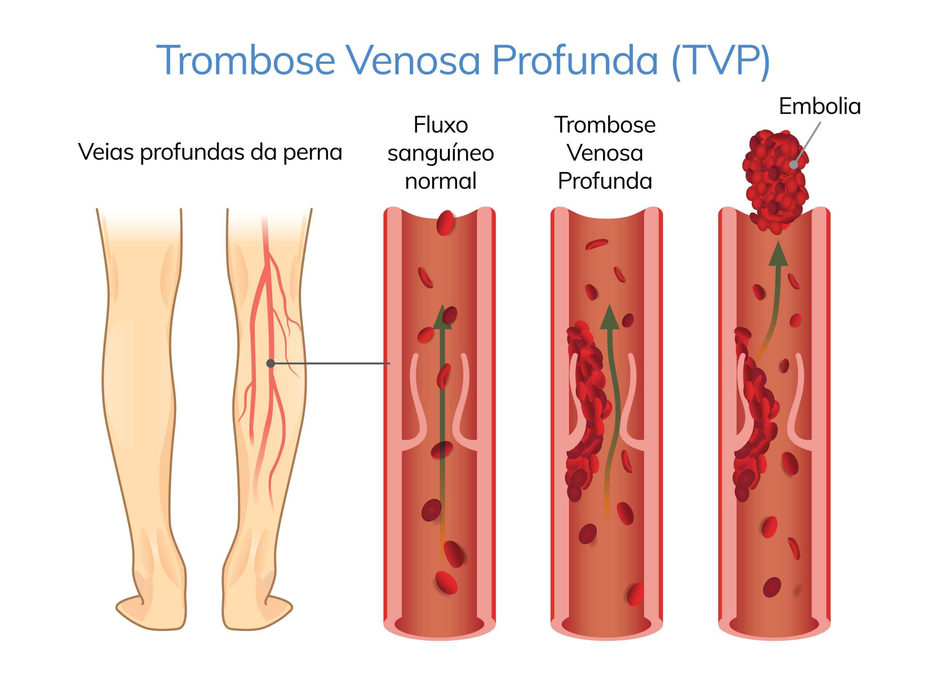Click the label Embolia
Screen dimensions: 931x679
(x=820, y=107)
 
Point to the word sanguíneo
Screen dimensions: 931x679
(x=441, y=154)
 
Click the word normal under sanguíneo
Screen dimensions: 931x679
(x=441, y=181)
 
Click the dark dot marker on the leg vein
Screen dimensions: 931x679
(x=271, y=363)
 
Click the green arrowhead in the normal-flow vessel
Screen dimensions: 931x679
(x=442, y=317)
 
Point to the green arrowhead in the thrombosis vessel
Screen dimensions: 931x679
(x=610, y=317)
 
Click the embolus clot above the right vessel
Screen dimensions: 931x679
(x=775, y=181)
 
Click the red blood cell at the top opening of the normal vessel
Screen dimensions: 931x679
(x=445, y=223)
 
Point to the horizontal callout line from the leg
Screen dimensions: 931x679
(x=330, y=363)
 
